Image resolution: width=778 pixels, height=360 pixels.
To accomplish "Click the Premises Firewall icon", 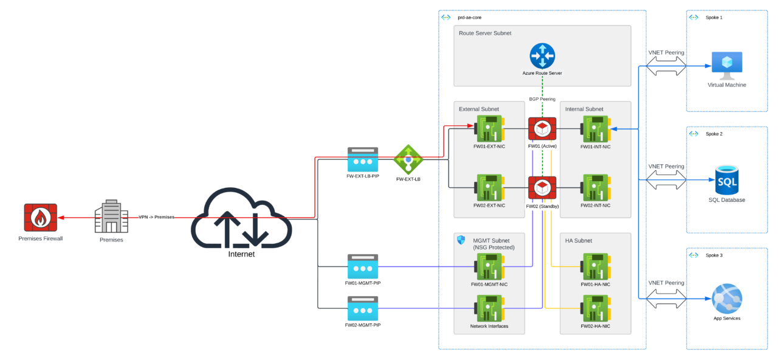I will click(40, 218).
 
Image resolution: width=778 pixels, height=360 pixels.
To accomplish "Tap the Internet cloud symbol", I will click(241, 219).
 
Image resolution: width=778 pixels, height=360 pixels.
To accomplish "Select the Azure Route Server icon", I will click(542, 56).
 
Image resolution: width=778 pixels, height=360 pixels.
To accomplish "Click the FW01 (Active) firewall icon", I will click(542, 129).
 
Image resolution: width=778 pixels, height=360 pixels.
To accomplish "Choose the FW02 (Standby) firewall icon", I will click(542, 188).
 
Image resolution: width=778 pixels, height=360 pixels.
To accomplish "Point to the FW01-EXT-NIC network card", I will click(489, 129).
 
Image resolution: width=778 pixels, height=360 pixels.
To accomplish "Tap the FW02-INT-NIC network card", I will click(595, 188).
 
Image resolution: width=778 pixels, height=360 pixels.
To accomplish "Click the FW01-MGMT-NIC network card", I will click(489, 266).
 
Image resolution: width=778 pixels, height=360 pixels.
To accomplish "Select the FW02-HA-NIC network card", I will click(595, 308).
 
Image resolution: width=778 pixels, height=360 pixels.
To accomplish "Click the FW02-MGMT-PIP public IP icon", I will click(363, 309).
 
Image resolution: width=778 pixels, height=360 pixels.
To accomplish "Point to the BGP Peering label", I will click(542, 99).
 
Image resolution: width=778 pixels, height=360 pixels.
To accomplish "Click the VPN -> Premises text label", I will click(156, 217).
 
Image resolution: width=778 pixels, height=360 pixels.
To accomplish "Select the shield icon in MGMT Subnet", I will click(461, 241).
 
